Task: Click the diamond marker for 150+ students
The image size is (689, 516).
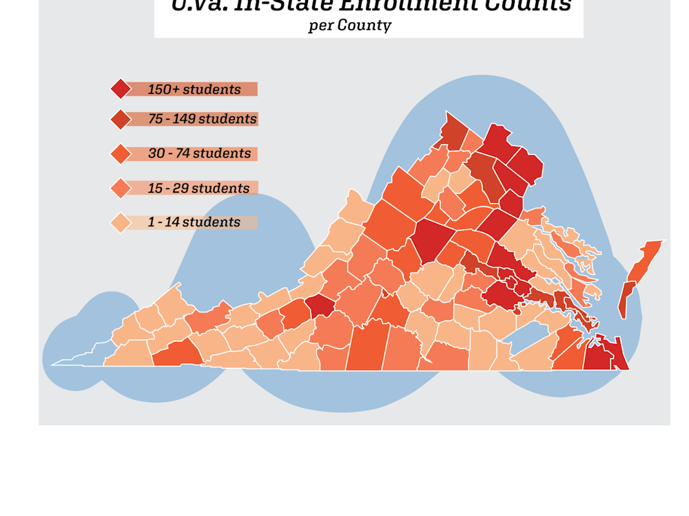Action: click(x=121, y=89)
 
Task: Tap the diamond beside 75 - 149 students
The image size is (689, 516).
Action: click(x=121, y=119)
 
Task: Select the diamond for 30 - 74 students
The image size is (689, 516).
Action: click(x=121, y=153)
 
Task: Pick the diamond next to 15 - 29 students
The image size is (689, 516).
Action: click(x=121, y=188)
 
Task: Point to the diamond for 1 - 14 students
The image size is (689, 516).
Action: click(x=121, y=222)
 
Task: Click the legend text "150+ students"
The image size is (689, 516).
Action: click(x=194, y=89)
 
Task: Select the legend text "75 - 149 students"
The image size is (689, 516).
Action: click(x=202, y=119)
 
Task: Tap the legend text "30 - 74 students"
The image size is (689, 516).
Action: click(x=199, y=153)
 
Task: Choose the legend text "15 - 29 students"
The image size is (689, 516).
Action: click(x=198, y=188)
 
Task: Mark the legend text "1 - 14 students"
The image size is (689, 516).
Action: click(x=194, y=222)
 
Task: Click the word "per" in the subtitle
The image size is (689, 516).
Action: click(x=320, y=26)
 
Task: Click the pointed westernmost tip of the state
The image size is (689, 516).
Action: click(x=54, y=365)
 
